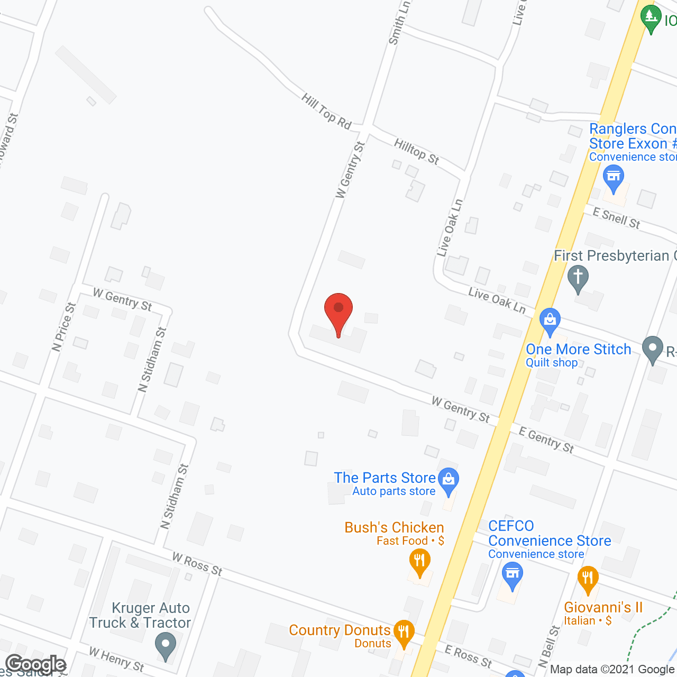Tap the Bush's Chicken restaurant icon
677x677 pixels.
419,562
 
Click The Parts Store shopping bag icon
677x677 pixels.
449,481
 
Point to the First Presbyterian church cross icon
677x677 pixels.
578,278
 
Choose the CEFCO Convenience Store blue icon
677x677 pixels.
512,575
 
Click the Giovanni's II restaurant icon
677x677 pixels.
588,579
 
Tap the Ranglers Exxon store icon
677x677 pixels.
614,177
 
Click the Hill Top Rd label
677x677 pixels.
326,111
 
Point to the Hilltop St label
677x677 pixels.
416,151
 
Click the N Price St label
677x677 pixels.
64,327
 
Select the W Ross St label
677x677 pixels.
197,564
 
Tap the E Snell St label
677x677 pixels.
616,218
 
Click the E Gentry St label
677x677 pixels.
546,440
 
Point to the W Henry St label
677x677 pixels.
116,659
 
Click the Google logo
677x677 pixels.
36,664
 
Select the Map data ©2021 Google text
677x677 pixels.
612,669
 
